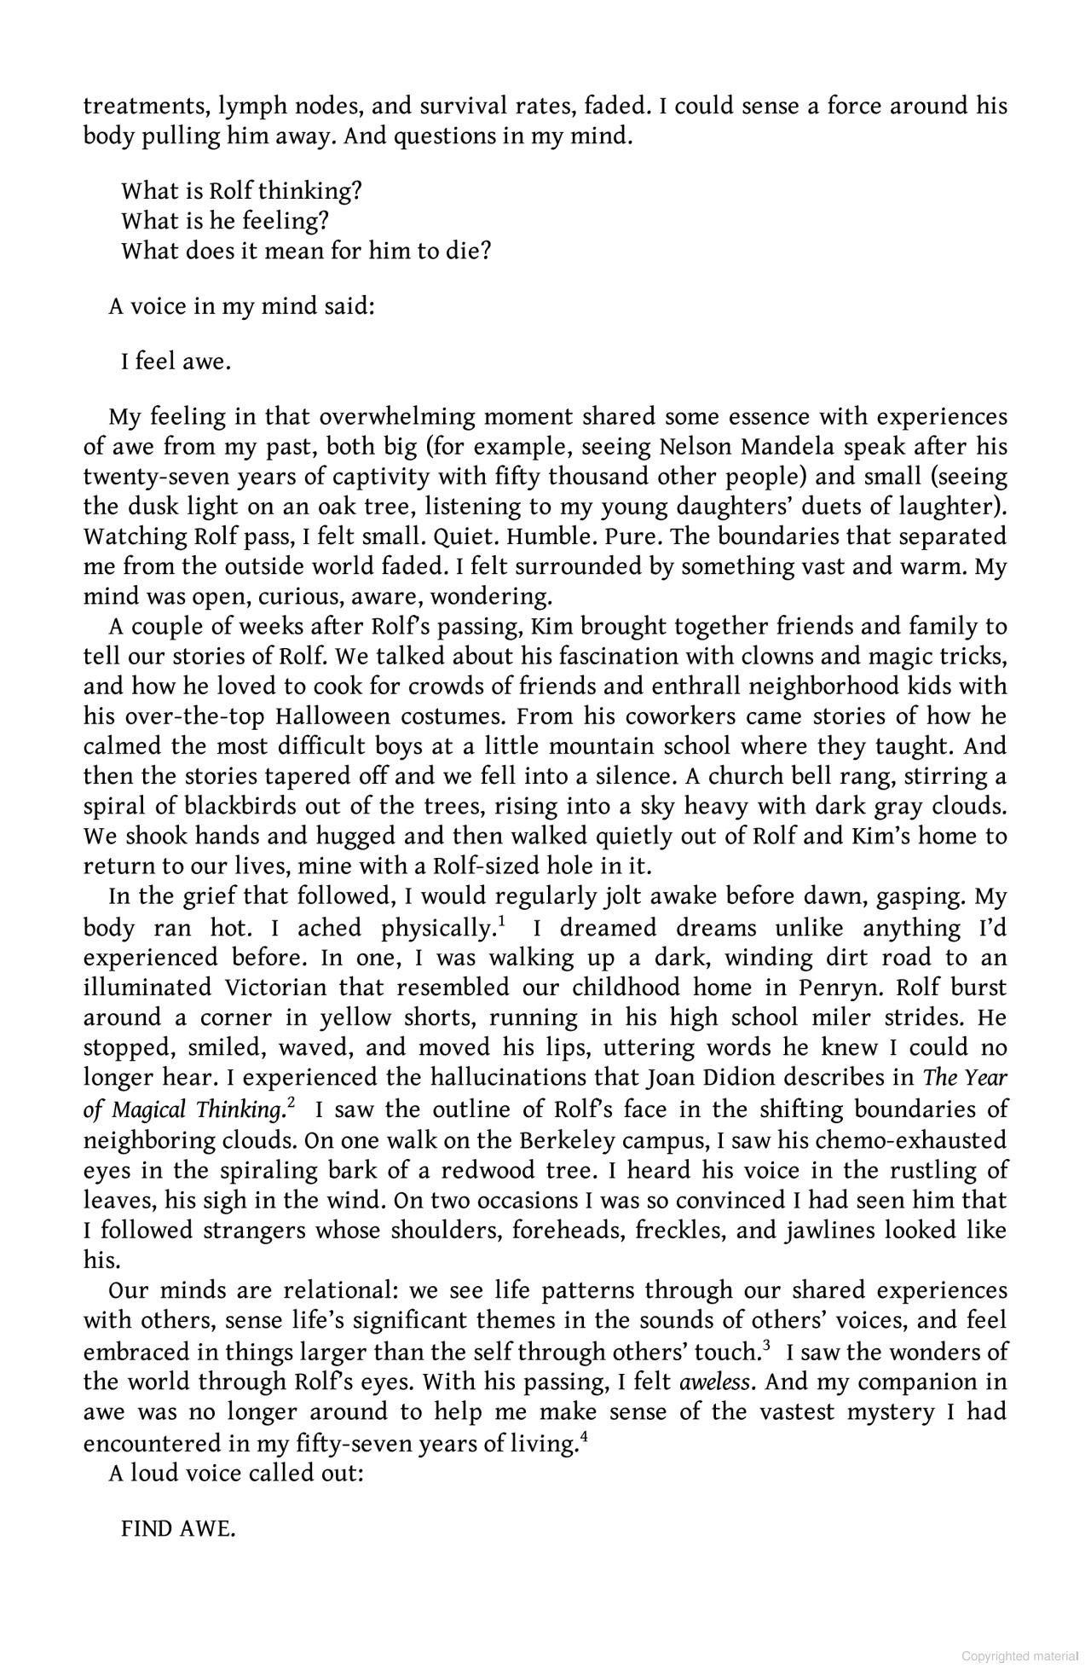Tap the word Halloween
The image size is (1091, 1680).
coord(332,716)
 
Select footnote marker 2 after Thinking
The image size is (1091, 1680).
coord(291,1104)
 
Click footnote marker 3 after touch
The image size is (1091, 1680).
coord(766,1346)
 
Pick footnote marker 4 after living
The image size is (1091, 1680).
coord(584,1437)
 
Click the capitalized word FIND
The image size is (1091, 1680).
coord(147,1529)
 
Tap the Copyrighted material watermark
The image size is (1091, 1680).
coord(1019,1657)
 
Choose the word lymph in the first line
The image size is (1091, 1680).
coord(252,107)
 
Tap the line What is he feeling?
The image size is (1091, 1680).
coord(225,221)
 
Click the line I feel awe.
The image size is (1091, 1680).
coord(176,362)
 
